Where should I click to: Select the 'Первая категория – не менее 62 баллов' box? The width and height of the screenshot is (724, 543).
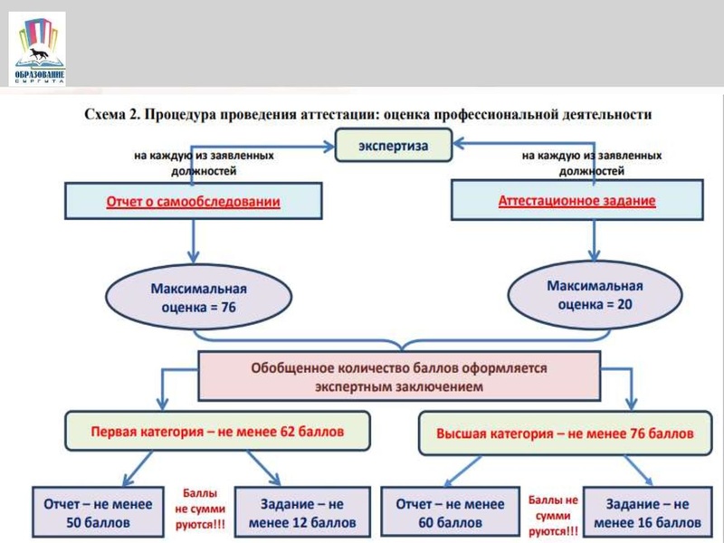218,433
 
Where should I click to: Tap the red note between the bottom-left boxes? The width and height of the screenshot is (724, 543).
200,510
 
